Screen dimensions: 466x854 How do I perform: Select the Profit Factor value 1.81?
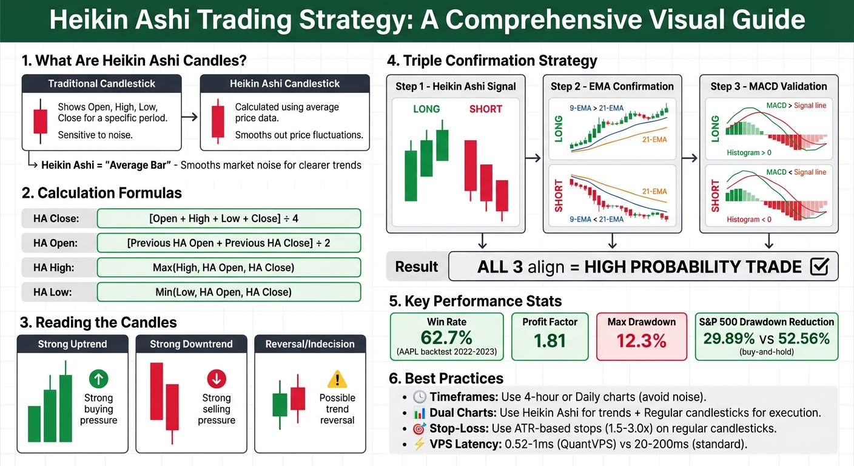pyautogui.click(x=550, y=340)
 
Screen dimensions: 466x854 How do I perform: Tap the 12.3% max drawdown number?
pyautogui.click(x=641, y=340)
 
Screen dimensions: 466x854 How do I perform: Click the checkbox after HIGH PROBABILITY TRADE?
pyautogui.click(x=819, y=266)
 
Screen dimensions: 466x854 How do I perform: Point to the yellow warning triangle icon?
pyautogui.click(x=337, y=380)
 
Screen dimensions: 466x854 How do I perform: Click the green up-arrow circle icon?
pyautogui.click(x=98, y=380)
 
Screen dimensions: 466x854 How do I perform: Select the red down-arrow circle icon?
pyautogui.click(x=217, y=380)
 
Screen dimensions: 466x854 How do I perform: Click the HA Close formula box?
pyautogui.click(x=229, y=218)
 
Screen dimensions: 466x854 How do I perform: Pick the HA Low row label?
pyautogui.click(x=53, y=292)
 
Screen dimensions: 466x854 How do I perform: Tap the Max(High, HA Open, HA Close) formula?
pyautogui.click(x=229, y=268)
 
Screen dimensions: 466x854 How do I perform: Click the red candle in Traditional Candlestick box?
pyautogui.click(x=41, y=121)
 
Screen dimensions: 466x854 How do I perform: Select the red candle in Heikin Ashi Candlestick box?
pyautogui.click(x=218, y=121)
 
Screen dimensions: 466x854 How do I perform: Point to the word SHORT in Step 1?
pyautogui.click(x=485, y=109)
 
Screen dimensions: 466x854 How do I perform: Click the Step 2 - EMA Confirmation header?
pyautogui.click(x=612, y=86)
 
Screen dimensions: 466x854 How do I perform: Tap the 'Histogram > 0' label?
pyautogui.click(x=749, y=153)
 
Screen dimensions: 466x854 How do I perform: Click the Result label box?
pyautogui.click(x=416, y=266)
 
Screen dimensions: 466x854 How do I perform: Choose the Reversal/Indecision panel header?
pyautogui.click(x=310, y=344)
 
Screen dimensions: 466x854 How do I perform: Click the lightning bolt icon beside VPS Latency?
pyautogui.click(x=419, y=444)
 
